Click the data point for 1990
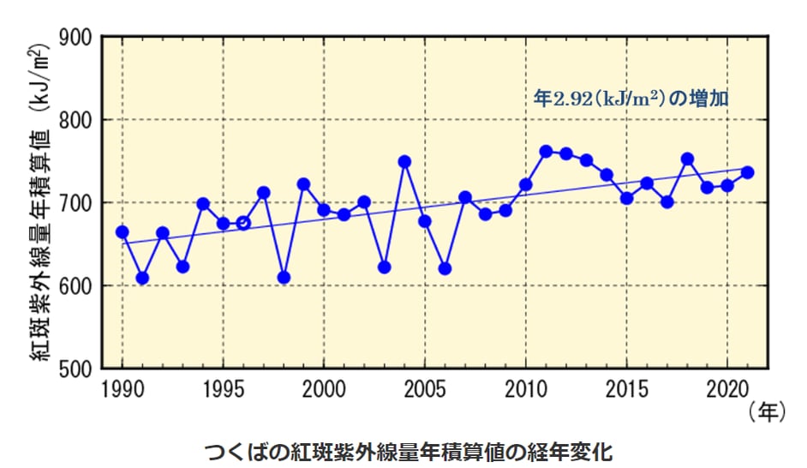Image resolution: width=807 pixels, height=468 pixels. click(x=123, y=232)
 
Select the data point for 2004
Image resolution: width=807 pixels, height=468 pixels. click(x=404, y=162)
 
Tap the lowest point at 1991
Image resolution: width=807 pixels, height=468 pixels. click(x=142, y=278)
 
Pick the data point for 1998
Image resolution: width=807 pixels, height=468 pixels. click(x=284, y=278)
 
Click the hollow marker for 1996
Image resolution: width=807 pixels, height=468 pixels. click(x=243, y=223)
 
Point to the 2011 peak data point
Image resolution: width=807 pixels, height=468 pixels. click(x=546, y=152)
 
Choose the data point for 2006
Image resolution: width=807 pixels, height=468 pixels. click(x=445, y=268)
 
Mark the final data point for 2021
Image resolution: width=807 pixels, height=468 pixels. click(x=747, y=172)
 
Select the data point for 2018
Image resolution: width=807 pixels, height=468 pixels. click(x=687, y=159)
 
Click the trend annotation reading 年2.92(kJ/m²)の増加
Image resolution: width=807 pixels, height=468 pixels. click(x=631, y=99)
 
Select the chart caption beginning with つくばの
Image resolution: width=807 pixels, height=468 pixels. click(x=410, y=451)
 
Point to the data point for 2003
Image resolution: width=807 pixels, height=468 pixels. click(x=385, y=267)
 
